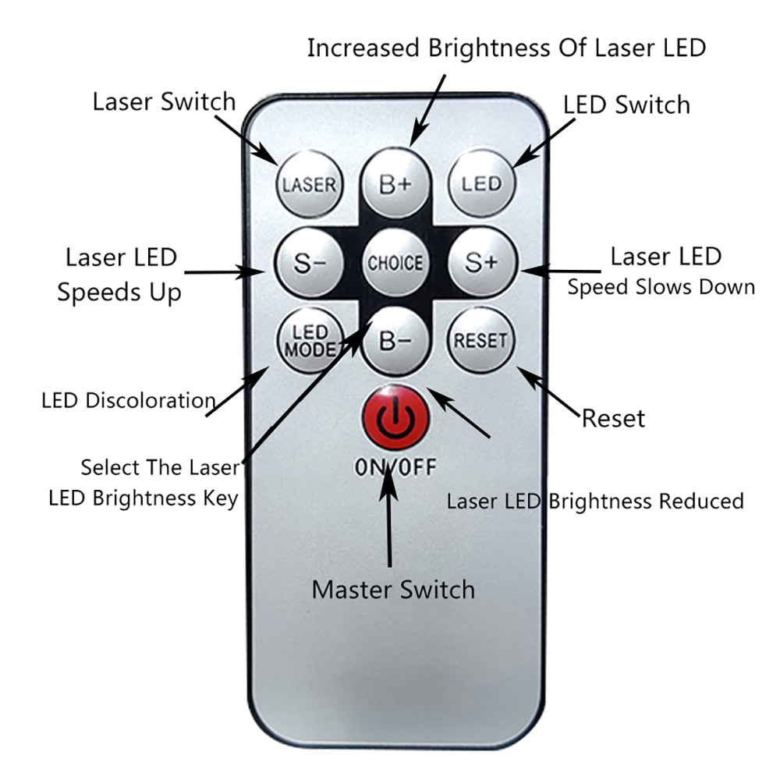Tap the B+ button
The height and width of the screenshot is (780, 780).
395,184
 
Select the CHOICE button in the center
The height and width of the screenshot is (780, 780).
395,263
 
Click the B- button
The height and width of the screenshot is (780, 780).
395,340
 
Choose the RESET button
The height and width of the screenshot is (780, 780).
480,340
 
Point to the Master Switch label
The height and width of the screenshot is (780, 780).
393,589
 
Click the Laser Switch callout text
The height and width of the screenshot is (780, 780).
164,101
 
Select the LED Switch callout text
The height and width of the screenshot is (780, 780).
626,105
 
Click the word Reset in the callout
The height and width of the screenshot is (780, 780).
614,419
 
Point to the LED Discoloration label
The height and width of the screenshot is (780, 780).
129,401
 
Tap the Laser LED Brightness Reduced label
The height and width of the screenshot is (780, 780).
594,501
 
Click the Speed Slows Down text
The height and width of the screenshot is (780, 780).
661,287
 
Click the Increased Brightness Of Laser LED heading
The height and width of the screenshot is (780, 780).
506,48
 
